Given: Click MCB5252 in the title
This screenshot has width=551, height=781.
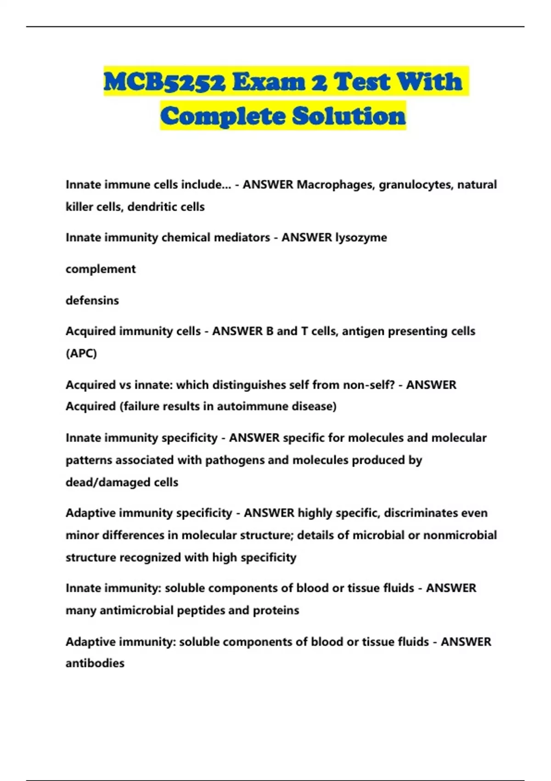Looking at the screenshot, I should (165, 82).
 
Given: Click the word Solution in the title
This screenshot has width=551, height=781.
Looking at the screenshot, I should (349, 116).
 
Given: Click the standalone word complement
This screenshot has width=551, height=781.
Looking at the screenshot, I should (101, 269).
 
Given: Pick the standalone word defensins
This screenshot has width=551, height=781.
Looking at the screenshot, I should (92, 300).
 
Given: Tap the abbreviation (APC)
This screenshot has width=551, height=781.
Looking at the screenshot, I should (81, 353).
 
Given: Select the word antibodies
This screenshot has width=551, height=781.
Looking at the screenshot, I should (95, 663).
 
